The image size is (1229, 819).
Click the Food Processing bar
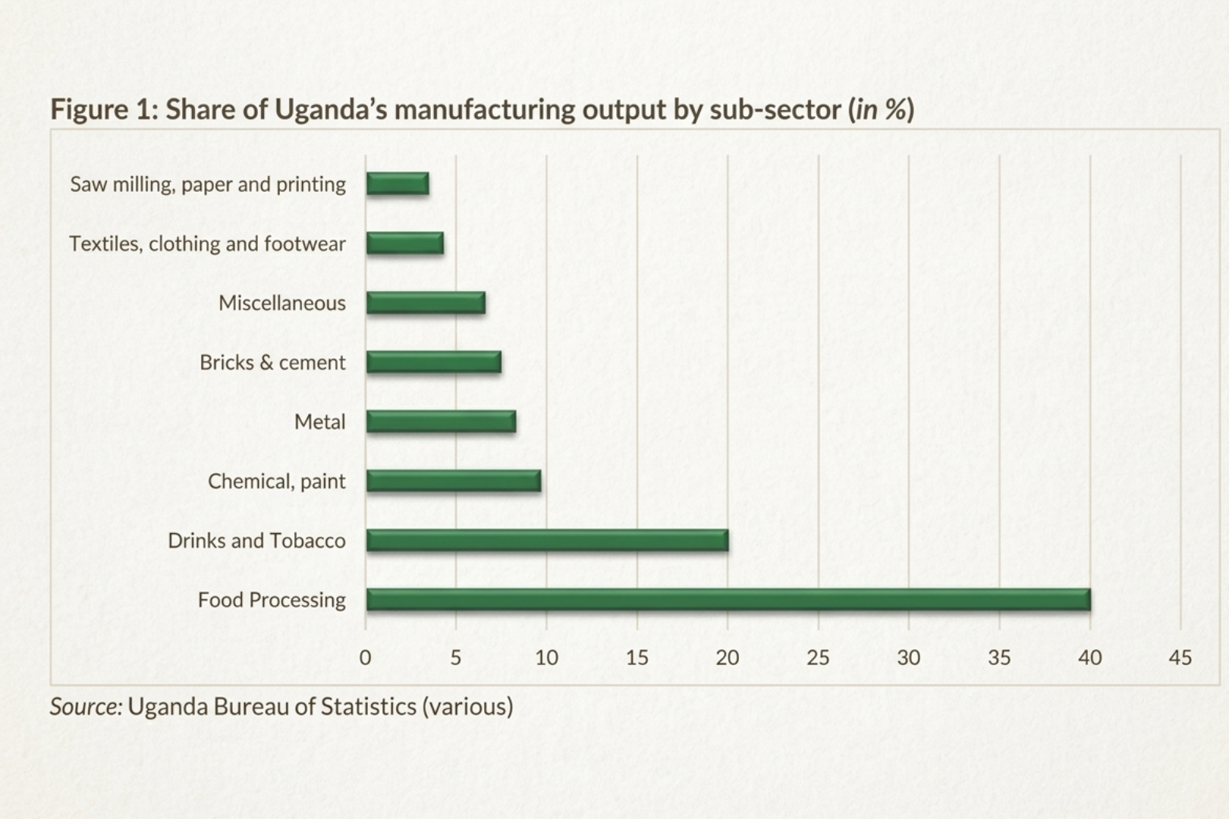pyautogui.click(x=728, y=600)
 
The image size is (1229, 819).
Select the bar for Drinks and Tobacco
pyautogui.click(x=547, y=541)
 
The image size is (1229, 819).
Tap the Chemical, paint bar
pyautogui.click(x=454, y=482)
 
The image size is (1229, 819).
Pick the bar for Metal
pyautogui.click(x=441, y=422)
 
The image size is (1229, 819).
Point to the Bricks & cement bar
pyautogui.click(x=433, y=362)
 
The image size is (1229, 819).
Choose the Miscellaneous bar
pyautogui.click(x=426, y=303)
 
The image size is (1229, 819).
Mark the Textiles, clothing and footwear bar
pyautogui.click(x=404, y=243)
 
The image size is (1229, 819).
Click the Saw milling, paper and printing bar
pyautogui.click(x=398, y=184)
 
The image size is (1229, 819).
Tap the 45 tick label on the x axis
pyautogui.click(x=1180, y=657)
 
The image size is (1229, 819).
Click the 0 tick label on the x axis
pyautogui.click(x=365, y=657)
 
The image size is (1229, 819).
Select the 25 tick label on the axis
pyautogui.click(x=818, y=657)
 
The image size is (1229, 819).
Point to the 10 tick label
pyautogui.click(x=546, y=657)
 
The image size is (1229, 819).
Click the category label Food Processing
pyautogui.click(x=272, y=600)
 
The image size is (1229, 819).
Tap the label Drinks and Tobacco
pyautogui.click(x=256, y=541)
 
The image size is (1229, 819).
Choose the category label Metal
pyautogui.click(x=319, y=422)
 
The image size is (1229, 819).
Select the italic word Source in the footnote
pyautogui.click(x=85, y=707)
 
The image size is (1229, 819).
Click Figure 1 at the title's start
pyautogui.click(x=103, y=110)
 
